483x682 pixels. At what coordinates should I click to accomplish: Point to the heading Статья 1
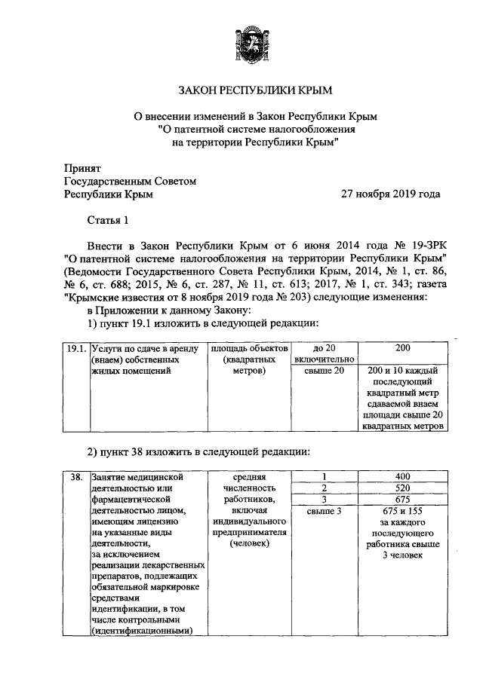coord(109,220)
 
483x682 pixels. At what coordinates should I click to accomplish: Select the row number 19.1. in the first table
coord(75,349)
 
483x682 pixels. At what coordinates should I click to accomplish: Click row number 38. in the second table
coord(75,477)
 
